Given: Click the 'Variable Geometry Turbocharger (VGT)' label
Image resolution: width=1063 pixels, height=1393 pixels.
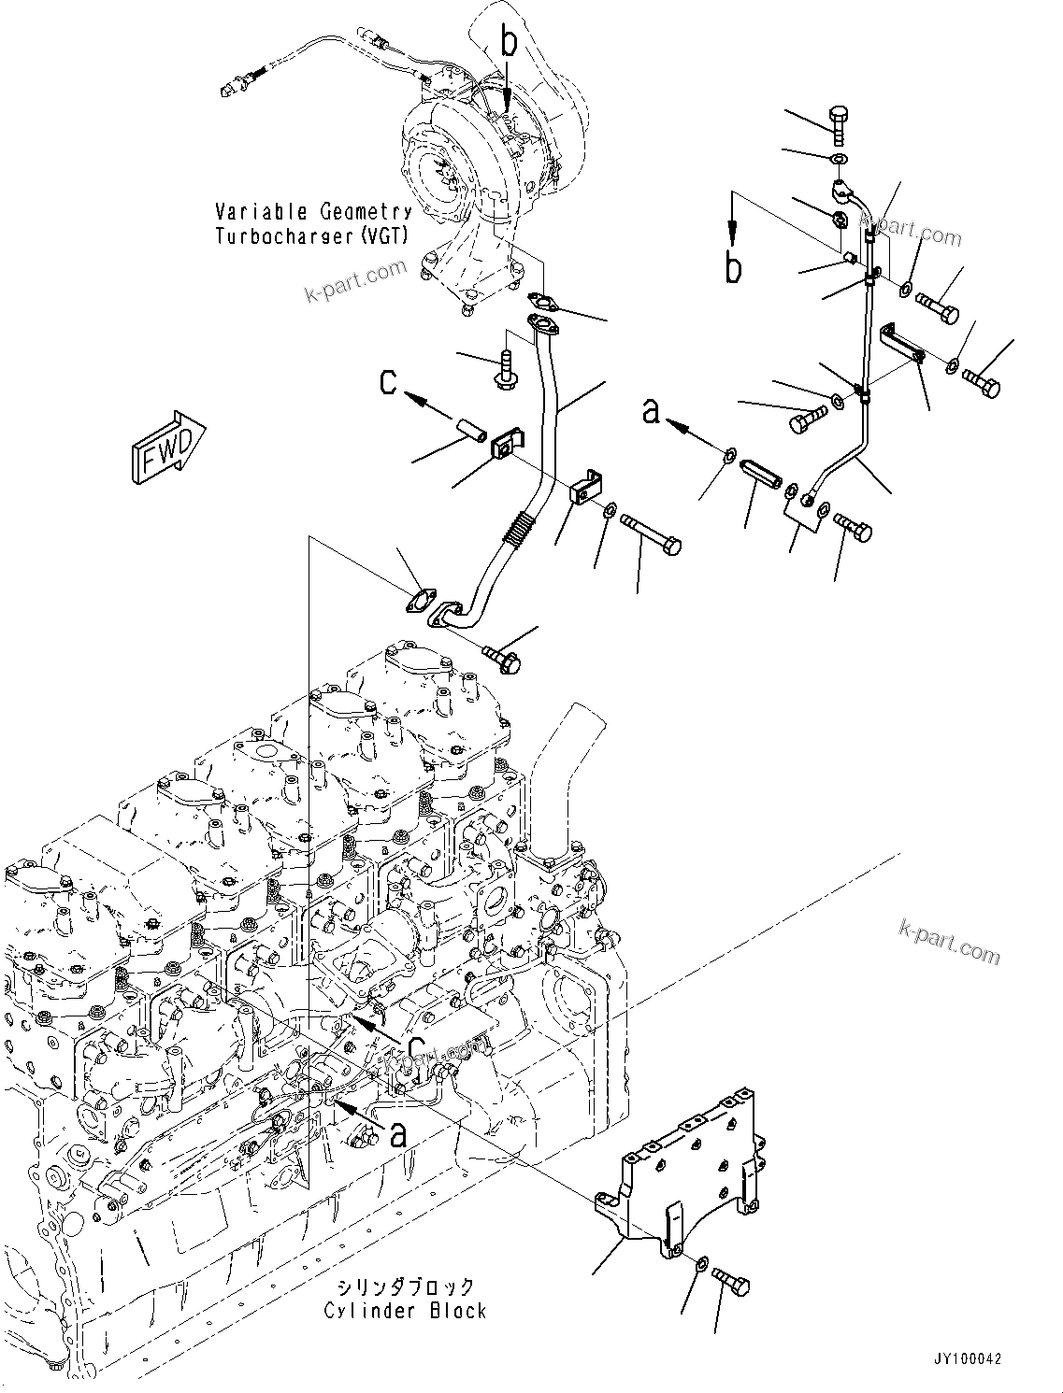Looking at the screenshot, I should (x=313, y=224).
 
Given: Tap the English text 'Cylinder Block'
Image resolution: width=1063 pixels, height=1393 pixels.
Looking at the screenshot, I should (x=405, y=1311).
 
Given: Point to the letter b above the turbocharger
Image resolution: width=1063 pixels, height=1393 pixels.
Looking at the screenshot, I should (x=509, y=42).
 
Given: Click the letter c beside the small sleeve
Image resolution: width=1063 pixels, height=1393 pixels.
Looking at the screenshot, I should (x=389, y=381).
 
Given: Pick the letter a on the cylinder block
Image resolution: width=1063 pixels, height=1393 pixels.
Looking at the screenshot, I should (x=399, y=1133).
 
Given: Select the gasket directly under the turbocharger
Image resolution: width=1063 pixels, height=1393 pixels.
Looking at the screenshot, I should (x=541, y=301).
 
